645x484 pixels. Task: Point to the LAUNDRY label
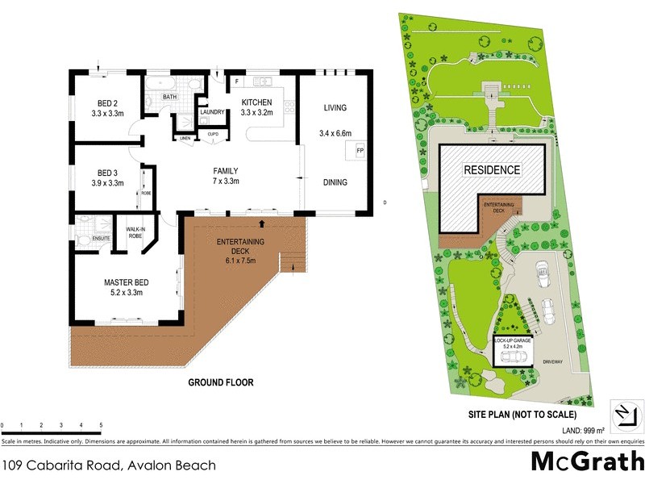coord(213,113)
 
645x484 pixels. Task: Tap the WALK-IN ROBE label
coord(135,234)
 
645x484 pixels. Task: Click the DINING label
coord(335,182)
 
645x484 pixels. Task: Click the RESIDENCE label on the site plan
coord(491,169)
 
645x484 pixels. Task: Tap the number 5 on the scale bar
coord(101,424)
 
